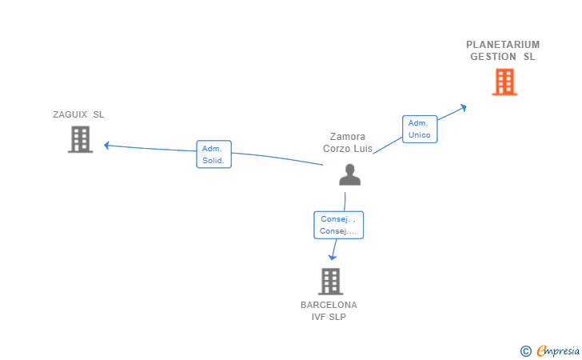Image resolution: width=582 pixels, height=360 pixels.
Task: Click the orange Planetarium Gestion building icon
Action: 504,82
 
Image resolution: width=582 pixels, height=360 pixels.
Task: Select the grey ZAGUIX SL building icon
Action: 80,139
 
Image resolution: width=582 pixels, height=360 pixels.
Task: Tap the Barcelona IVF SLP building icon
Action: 330,282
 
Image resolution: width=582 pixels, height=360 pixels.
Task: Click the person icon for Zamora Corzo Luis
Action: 349,174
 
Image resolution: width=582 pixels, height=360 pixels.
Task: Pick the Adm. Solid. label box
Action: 213,154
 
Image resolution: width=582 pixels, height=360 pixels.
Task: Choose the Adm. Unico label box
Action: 420,129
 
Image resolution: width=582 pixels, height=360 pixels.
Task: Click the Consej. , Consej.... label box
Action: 338,225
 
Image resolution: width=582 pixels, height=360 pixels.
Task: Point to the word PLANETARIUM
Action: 503,45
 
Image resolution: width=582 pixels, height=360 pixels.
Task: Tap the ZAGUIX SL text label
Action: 78,114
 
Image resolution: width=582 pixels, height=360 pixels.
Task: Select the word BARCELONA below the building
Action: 329,305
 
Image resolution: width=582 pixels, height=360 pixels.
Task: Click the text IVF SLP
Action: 329,317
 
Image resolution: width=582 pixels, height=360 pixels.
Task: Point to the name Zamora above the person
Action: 348,137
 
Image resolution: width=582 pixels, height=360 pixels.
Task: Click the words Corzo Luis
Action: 348,148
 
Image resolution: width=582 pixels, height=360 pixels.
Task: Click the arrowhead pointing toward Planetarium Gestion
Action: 463,106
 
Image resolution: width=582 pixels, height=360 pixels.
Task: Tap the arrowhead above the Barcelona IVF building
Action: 333,257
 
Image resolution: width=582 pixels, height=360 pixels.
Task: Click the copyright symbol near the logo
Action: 525,350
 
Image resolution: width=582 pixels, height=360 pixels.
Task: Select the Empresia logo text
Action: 558,350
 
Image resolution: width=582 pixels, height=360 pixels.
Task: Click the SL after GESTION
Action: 529,57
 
